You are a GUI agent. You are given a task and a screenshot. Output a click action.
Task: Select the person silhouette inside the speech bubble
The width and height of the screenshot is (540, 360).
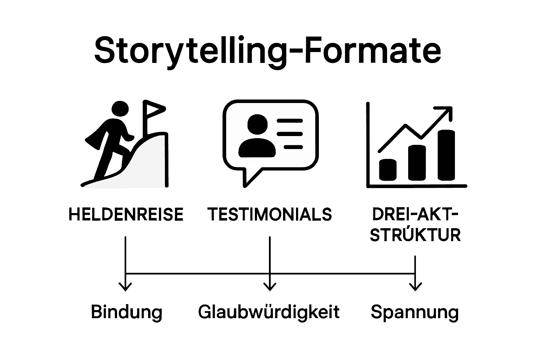[x=257, y=137]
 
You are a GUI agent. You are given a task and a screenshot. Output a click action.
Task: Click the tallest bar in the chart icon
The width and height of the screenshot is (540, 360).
[x=446, y=155]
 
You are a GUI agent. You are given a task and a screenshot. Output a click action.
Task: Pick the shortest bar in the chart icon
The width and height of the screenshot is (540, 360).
[x=388, y=169]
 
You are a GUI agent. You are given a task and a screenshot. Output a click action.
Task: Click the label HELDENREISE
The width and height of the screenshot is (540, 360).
[x=126, y=214]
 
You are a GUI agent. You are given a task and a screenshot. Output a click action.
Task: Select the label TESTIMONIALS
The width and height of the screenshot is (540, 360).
[x=270, y=214]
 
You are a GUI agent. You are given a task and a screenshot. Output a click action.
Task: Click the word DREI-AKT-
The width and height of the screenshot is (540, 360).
[x=415, y=214]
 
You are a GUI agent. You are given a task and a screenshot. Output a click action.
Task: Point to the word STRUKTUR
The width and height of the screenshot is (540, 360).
[x=415, y=235]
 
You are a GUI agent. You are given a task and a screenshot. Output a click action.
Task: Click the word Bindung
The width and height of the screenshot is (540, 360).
[x=127, y=312]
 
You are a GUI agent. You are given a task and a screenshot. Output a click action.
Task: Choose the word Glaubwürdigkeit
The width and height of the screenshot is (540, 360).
[x=269, y=312]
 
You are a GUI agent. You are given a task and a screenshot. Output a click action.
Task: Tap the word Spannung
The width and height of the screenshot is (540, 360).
[x=415, y=312]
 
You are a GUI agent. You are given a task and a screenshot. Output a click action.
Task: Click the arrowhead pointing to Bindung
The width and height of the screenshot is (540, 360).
[x=126, y=287]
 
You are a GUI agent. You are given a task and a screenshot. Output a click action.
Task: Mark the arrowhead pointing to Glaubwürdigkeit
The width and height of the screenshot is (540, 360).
[x=270, y=287]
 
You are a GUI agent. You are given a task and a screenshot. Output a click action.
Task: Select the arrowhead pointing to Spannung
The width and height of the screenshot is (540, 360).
[x=416, y=287]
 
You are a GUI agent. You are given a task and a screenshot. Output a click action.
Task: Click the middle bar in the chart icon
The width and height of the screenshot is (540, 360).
[x=417, y=163]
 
